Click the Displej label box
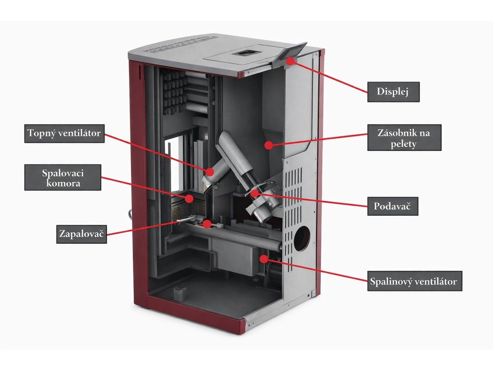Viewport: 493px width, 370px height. (x=393, y=92)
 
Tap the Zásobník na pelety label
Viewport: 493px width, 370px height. (x=404, y=137)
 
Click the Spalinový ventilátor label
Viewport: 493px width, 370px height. (x=414, y=281)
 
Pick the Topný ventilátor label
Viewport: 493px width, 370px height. (x=65, y=133)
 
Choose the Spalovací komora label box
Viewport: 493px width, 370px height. (x=63, y=177)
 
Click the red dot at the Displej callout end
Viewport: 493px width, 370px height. (x=290, y=61)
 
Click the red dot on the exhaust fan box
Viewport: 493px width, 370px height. (x=263, y=259)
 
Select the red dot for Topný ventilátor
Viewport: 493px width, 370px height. (x=210, y=171)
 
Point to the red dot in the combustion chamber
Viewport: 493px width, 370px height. (x=189, y=198)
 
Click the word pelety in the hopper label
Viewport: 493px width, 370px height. (x=404, y=144)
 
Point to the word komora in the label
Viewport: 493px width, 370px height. (x=63, y=184)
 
